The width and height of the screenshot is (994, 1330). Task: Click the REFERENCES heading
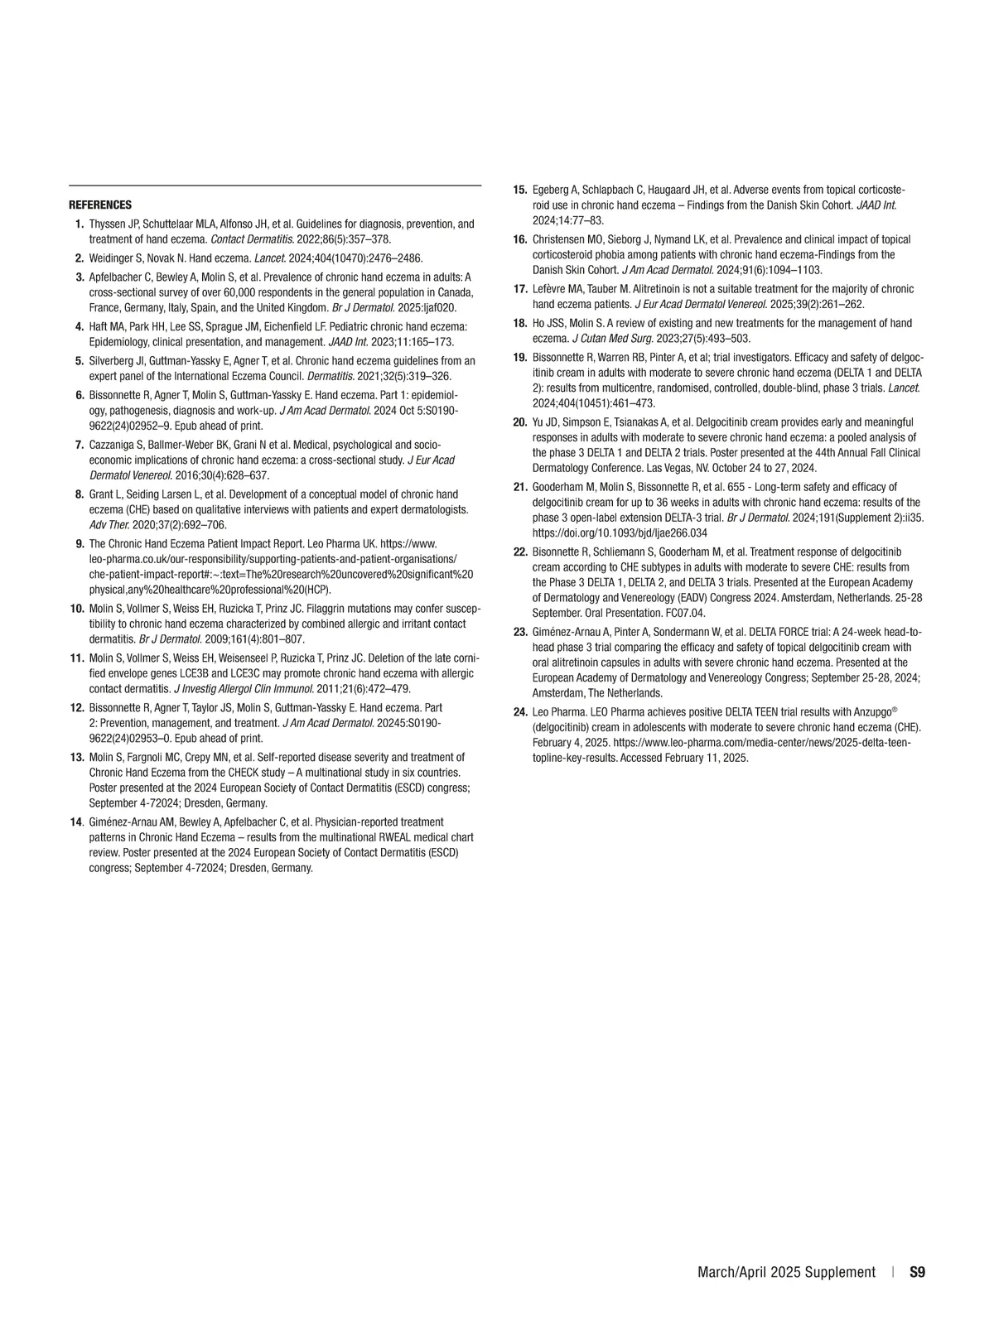click(99, 205)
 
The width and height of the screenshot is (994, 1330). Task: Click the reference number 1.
click(79, 224)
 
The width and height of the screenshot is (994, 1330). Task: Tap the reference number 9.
click(80, 543)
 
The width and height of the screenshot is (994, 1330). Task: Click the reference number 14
click(76, 822)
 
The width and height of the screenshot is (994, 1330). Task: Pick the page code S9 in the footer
click(917, 1272)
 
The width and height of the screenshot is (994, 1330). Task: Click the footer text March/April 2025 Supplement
click(786, 1272)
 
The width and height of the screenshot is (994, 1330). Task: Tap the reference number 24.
click(520, 711)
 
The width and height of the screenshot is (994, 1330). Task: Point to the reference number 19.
click(520, 357)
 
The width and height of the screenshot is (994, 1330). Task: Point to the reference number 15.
click(520, 190)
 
